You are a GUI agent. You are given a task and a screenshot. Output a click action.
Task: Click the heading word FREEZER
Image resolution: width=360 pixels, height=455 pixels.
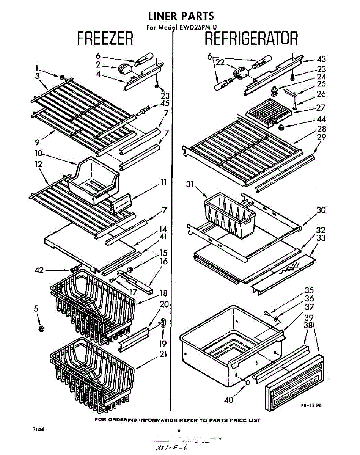(105, 39)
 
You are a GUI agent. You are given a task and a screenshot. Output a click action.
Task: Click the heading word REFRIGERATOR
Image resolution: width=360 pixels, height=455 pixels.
(251, 39)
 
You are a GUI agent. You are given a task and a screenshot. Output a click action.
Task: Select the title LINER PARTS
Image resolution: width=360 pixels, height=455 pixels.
(181, 16)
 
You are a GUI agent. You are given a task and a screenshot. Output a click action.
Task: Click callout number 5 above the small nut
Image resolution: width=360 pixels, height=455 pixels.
(36, 309)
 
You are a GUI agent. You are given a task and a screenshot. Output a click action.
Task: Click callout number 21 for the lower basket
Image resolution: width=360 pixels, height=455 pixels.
(163, 354)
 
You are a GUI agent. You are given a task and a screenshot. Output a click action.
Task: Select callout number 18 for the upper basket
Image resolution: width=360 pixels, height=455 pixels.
(163, 293)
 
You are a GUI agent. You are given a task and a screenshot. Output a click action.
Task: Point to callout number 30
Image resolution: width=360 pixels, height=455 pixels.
(321, 210)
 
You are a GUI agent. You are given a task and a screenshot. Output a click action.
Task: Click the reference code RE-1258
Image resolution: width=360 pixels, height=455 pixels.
(311, 405)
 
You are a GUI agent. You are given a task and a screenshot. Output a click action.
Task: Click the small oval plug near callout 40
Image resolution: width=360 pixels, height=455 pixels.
(247, 383)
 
